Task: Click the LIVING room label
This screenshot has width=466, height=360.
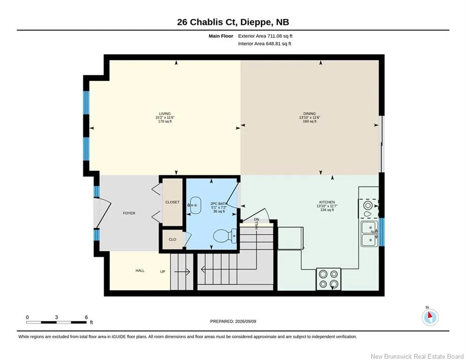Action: [x=165, y=113]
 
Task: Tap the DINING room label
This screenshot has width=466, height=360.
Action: [x=310, y=113]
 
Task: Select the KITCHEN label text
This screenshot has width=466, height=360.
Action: [x=327, y=202]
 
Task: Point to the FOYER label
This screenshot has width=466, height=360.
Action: [x=129, y=213]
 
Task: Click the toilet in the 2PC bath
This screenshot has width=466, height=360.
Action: [x=225, y=236]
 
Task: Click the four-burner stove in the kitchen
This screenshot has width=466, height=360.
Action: [x=328, y=279]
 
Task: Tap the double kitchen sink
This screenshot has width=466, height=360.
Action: [x=370, y=234]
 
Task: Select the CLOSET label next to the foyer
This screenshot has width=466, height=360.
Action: [x=172, y=202]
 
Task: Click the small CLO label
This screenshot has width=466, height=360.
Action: [x=172, y=240]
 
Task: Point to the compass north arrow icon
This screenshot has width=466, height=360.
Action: [x=430, y=317]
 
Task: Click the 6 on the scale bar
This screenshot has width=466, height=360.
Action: [x=86, y=317]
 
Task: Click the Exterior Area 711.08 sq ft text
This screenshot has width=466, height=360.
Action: [x=265, y=36]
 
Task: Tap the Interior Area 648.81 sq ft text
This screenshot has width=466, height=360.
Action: [x=265, y=44]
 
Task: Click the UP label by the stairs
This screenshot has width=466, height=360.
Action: [x=163, y=271]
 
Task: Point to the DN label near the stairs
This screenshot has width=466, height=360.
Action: [x=257, y=219]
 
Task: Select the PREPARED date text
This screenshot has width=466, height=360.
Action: [x=233, y=321]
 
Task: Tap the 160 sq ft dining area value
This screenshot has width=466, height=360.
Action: [x=310, y=121]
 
